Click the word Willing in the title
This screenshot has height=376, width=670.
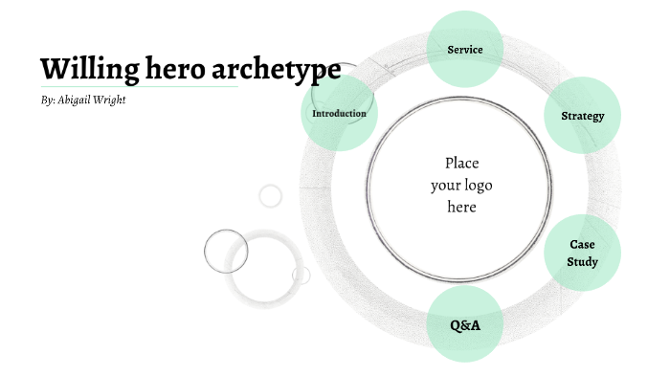[89, 69]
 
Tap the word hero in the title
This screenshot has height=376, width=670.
[181, 69]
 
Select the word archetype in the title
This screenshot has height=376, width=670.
[281, 69]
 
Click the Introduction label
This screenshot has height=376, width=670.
[339, 114]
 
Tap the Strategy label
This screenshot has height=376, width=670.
[583, 117]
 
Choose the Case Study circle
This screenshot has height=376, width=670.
[582, 253]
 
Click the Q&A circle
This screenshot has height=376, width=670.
[465, 325]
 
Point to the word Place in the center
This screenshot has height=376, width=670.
[461, 163]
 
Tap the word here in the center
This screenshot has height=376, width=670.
[461, 207]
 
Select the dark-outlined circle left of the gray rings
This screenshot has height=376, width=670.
[226, 252]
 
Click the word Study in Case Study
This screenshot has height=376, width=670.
[582, 262]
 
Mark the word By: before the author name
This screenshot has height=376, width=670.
[48, 100]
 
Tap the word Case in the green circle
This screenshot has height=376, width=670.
[582, 244]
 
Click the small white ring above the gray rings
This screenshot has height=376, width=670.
[271, 196]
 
